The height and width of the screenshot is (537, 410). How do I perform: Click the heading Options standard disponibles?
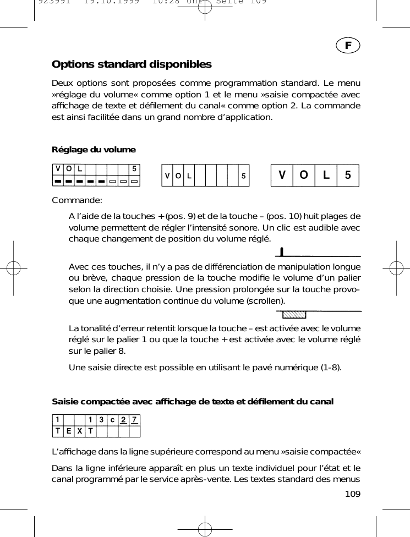coord(132,64)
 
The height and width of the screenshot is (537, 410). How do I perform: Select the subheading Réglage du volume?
coord(94,150)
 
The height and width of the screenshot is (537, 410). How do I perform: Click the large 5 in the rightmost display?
coord(347,176)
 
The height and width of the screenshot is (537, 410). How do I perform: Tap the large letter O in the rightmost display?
coord(303,176)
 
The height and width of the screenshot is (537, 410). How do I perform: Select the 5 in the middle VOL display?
coord(243,177)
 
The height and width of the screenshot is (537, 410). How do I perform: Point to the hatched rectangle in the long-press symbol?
coord(293,315)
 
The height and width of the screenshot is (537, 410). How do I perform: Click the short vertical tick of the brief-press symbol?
coord(282,252)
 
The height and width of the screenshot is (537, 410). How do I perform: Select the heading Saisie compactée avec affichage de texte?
coord(192,401)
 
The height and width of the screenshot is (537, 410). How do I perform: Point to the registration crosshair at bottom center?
coord(205,527)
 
